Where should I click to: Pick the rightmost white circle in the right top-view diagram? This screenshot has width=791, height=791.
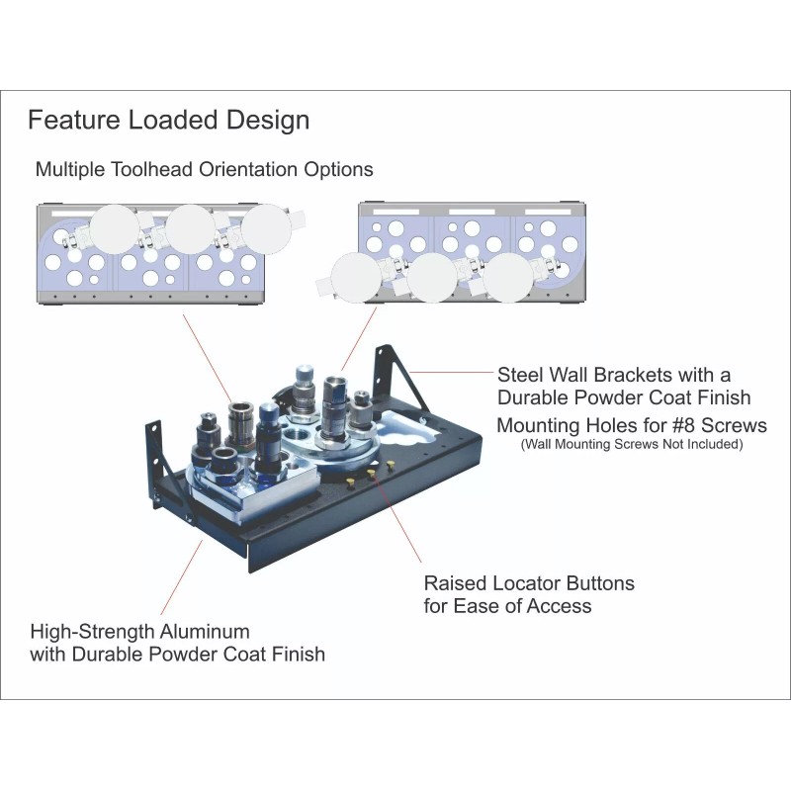point(508,278)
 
